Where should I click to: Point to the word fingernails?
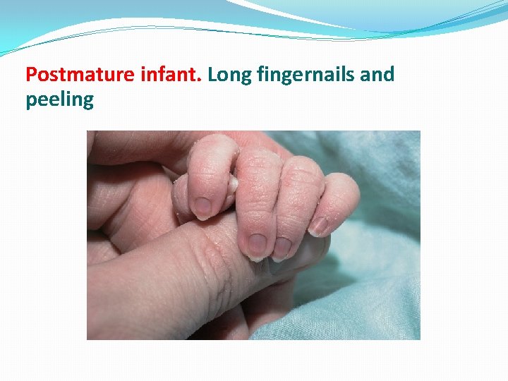[305, 74]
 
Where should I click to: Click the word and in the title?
[377, 74]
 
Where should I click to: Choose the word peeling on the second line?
[59, 99]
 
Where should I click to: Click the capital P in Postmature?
[31, 74]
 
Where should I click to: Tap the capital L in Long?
[212, 74]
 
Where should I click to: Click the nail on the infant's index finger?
[202, 207]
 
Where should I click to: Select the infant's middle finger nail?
[256, 245]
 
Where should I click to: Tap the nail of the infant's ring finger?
[282, 248]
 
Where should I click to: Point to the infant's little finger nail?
[319, 226]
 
